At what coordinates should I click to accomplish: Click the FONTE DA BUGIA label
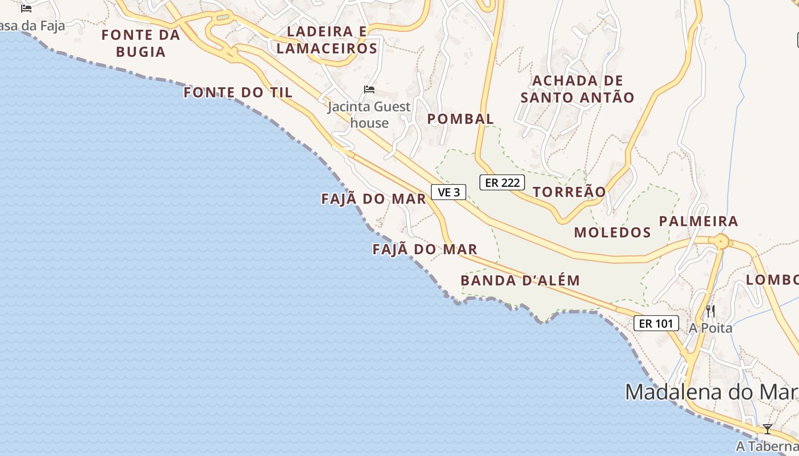tap(140, 43)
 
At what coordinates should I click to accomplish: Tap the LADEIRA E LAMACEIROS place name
tap(327, 40)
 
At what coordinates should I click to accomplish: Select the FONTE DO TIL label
tap(238, 92)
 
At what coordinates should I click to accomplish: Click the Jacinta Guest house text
tap(369, 115)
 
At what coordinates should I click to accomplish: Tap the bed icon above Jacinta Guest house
tap(369, 89)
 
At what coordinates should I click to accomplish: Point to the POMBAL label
tap(461, 119)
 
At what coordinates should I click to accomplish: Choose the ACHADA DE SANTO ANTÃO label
tap(578, 89)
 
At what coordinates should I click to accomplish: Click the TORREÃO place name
tap(569, 192)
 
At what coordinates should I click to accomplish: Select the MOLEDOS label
tap(612, 233)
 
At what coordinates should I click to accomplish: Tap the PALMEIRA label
tap(699, 221)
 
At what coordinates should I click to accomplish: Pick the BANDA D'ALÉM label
tap(520, 280)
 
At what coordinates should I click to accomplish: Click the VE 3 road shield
tap(449, 193)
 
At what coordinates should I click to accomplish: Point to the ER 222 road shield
tap(502, 182)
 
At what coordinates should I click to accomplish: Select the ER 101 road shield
tap(656, 324)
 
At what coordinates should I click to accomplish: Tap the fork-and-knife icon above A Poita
tap(711, 311)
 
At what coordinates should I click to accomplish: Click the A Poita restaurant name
tap(711, 328)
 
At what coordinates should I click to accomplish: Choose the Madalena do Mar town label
tap(711, 392)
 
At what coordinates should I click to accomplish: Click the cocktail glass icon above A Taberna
tap(768, 429)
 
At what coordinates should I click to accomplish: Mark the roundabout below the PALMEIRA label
tap(721, 242)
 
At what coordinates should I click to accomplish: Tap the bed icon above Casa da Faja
tap(26, 9)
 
